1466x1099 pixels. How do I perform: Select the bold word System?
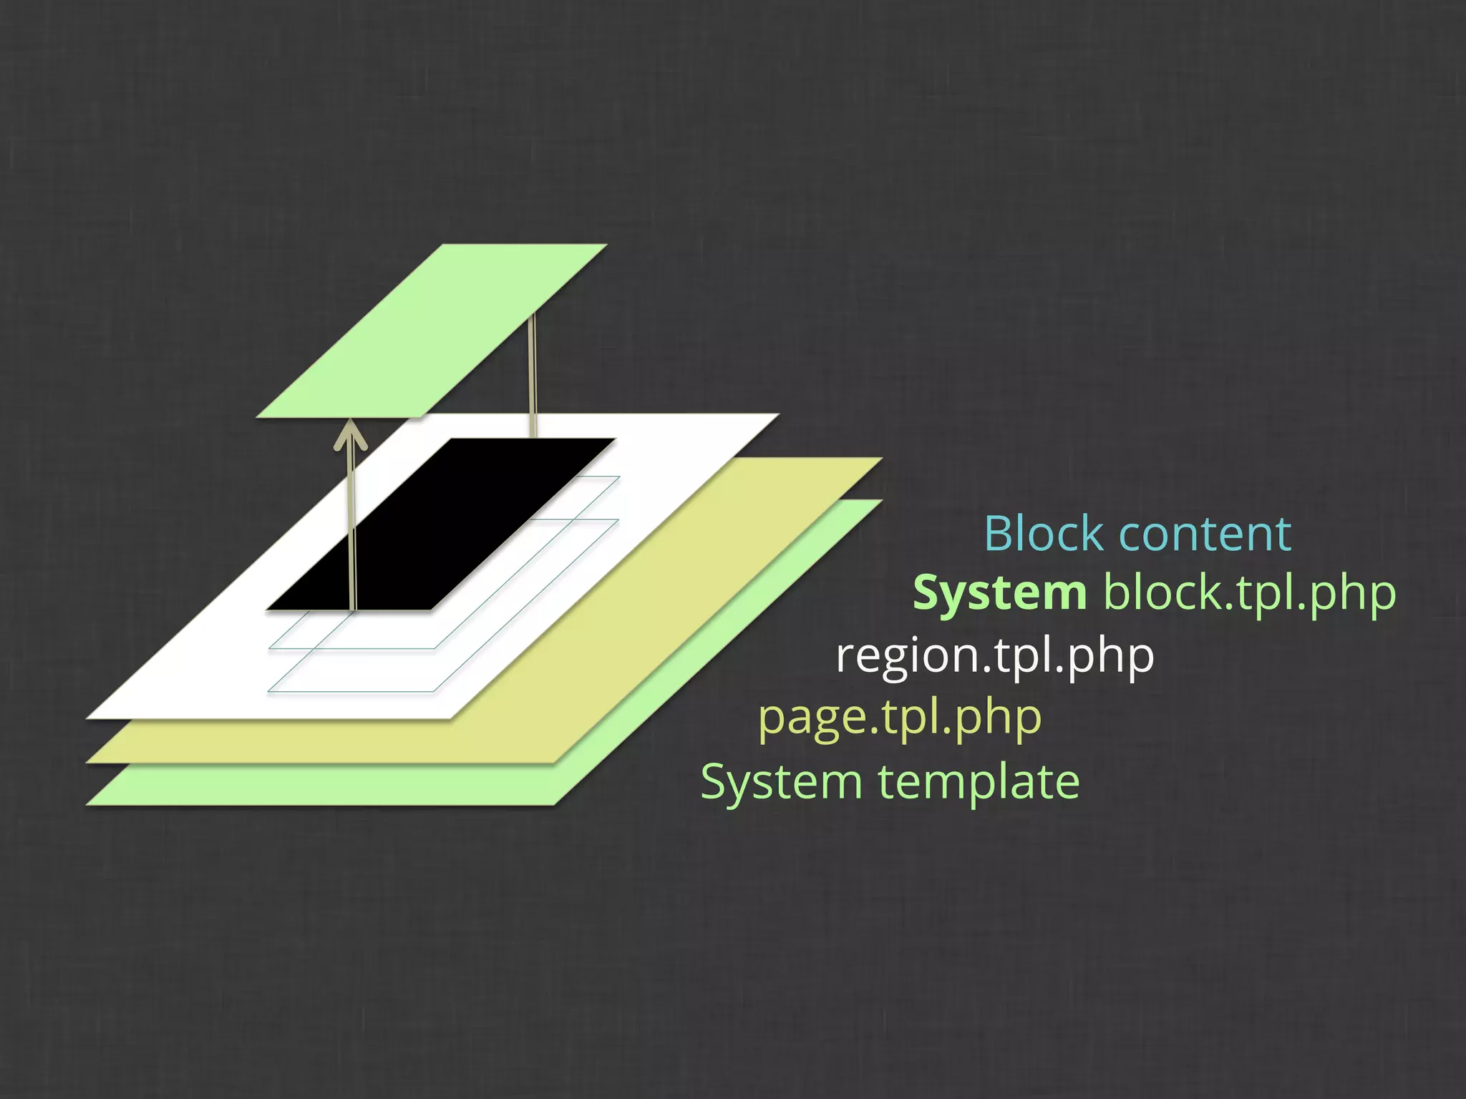(x=999, y=594)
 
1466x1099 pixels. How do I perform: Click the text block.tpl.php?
(x=1248, y=594)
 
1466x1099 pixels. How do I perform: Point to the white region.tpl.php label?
(x=994, y=655)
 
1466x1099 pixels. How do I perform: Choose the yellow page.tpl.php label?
(x=899, y=718)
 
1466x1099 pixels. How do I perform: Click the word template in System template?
(x=979, y=781)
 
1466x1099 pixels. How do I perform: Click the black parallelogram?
(x=440, y=524)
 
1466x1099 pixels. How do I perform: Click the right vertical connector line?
(x=532, y=376)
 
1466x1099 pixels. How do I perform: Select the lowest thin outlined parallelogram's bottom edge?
(x=351, y=691)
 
